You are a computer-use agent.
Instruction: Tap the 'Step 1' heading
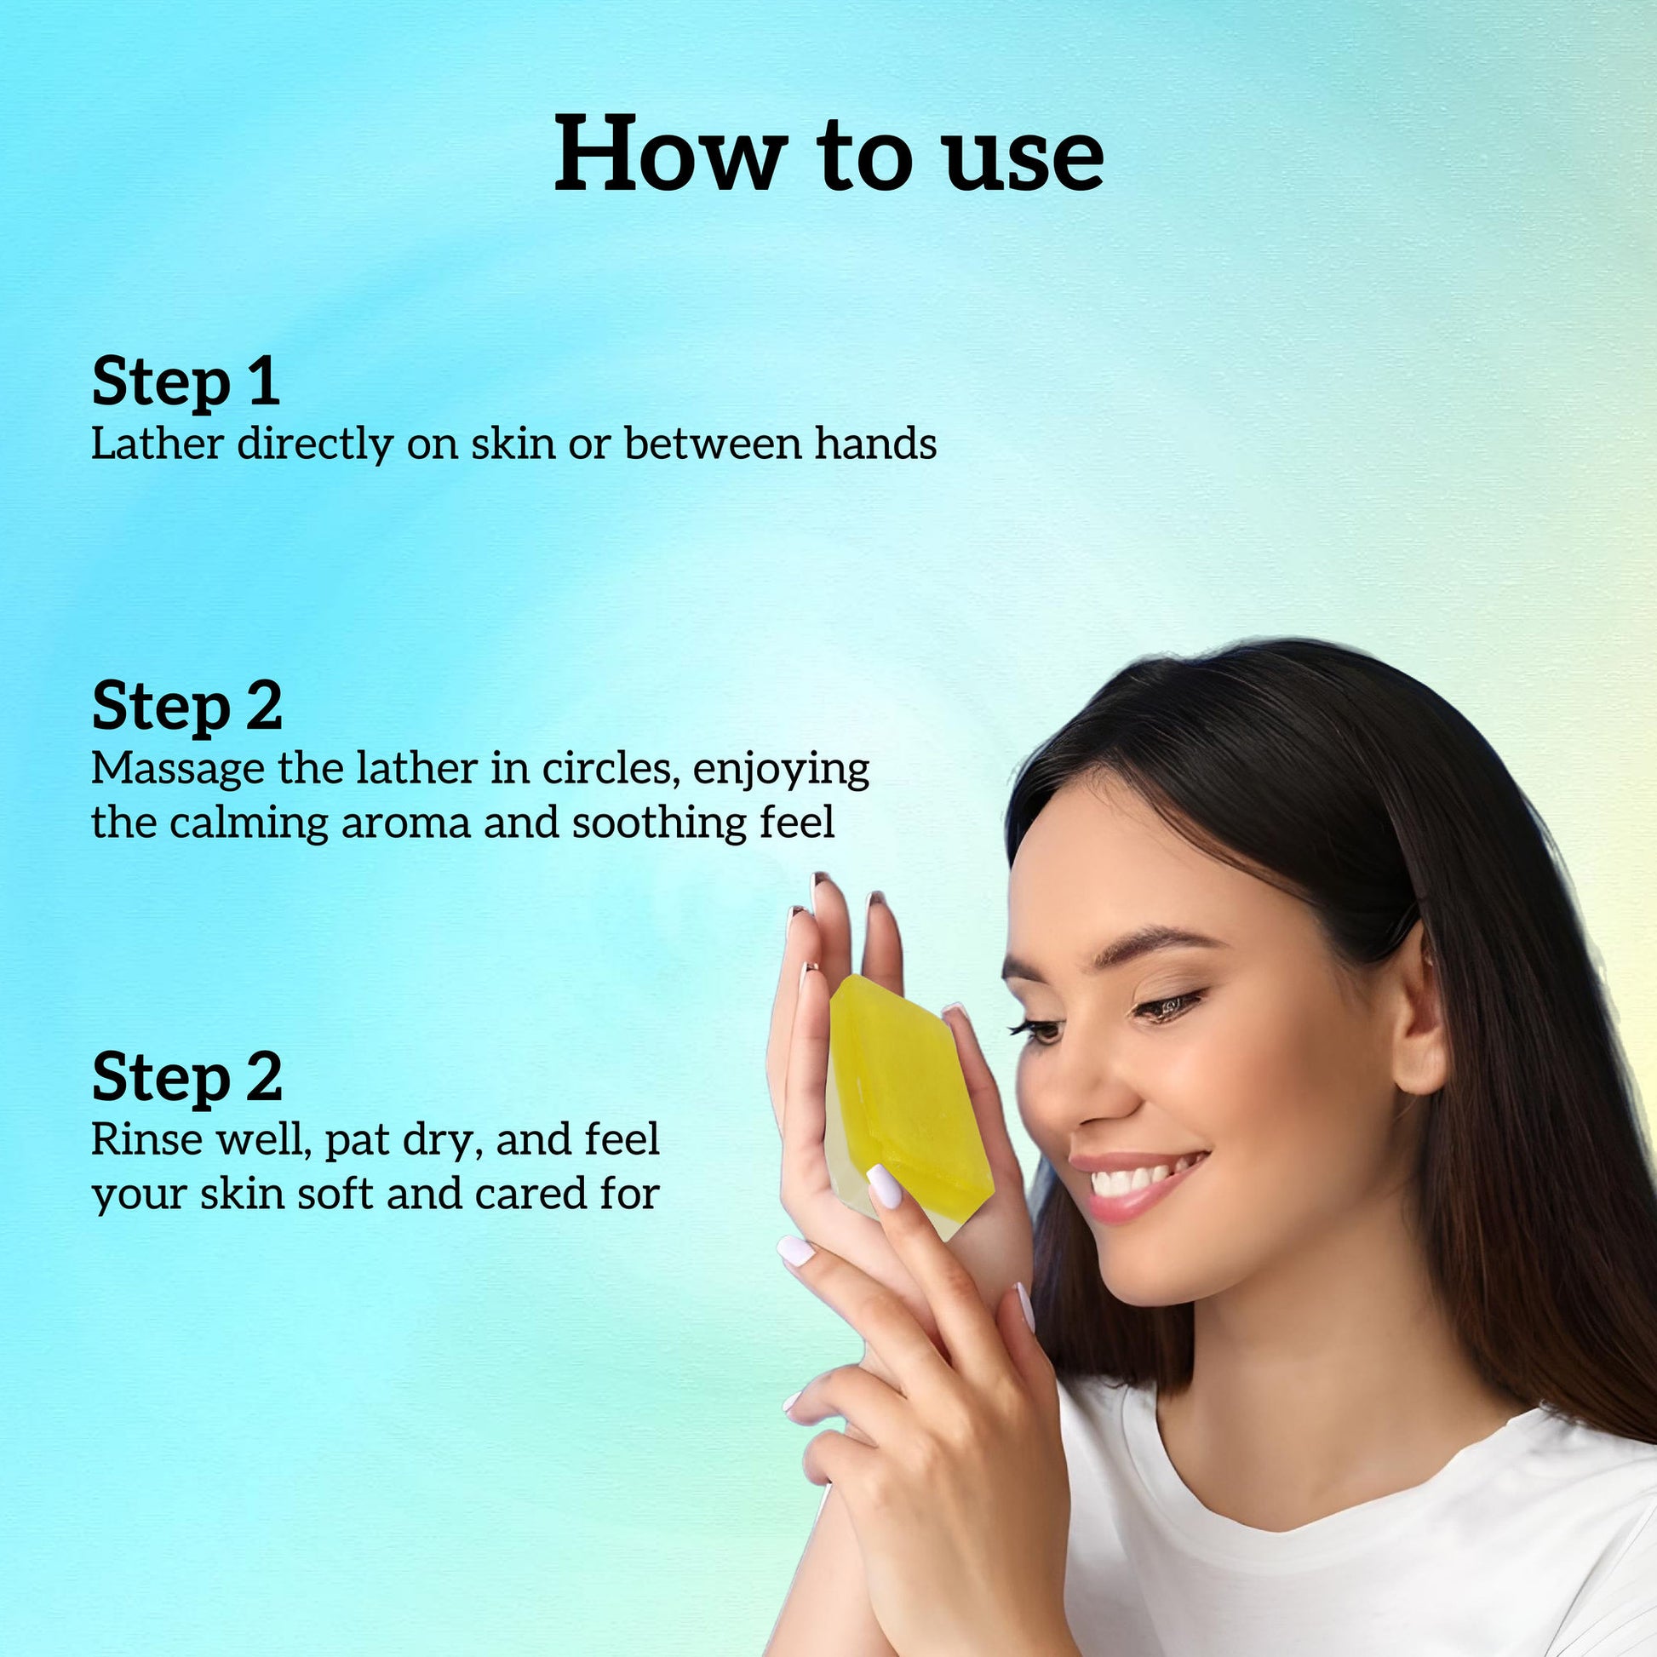(x=186, y=381)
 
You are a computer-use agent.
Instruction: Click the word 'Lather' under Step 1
(x=158, y=444)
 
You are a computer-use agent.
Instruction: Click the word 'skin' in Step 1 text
(x=513, y=444)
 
